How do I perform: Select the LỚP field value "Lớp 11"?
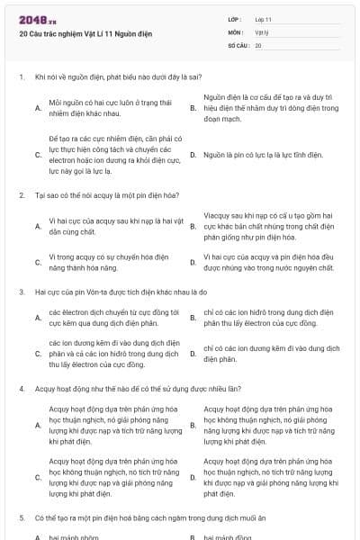point(263,19)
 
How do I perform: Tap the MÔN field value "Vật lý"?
point(262,31)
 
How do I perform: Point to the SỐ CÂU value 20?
point(258,44)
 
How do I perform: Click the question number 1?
point(21,77)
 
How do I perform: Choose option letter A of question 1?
point(37,109)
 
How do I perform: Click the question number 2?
point(21,194)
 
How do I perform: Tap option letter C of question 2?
point(37,262)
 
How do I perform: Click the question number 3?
point(21,292)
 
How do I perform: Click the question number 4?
point(21,389)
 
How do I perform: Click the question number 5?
point(21,518)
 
